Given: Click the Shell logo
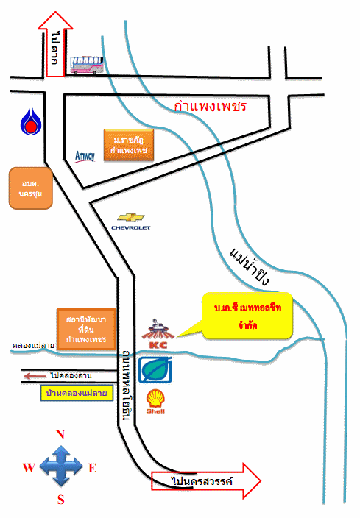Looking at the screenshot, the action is point(155,401).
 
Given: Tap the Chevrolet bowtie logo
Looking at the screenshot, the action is point(131,218).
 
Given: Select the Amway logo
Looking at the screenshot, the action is point(85,156).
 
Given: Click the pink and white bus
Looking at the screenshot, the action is point(87,65).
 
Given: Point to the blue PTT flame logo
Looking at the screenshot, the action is point(31,122).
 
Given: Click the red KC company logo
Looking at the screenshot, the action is point(158,333).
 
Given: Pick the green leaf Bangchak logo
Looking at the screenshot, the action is point(155,370).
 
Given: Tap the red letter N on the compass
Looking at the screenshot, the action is point(60,435).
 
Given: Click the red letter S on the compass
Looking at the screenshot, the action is point(61,500).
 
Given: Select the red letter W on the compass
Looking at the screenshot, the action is point(29,467).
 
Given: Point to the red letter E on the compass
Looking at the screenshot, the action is point(93,468).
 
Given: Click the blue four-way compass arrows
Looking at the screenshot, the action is point(61,466).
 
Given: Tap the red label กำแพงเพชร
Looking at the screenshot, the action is point(211,107).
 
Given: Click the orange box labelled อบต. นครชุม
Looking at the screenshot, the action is point(31,188).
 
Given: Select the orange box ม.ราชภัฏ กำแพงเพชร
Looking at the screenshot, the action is point(129,145).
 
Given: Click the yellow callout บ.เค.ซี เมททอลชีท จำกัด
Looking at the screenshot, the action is point(247,316).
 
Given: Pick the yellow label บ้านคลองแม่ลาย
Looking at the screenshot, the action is point(77,393).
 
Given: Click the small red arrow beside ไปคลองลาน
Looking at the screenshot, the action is point(35,376).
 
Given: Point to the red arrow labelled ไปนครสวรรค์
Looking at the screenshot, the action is point(206,480).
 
